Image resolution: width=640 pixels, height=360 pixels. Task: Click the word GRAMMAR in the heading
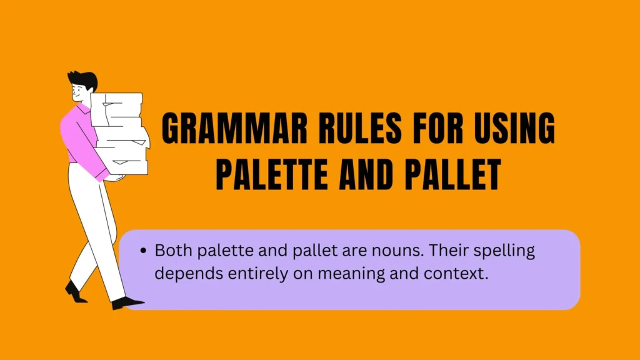tap(235, 127)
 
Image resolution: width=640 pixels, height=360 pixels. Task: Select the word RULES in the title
tap(360, 127)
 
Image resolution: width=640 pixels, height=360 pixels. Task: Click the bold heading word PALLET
tap(453, 174)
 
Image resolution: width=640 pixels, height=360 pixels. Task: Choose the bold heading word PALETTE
tap(272, 174)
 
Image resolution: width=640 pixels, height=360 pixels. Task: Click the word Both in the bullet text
tap(174, 250)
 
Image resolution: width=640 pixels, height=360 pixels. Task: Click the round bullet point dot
tap(143, 251)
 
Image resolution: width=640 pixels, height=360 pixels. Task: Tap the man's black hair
tap(84, 79)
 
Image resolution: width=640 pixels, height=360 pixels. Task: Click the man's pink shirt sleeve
tap(84, 147)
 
